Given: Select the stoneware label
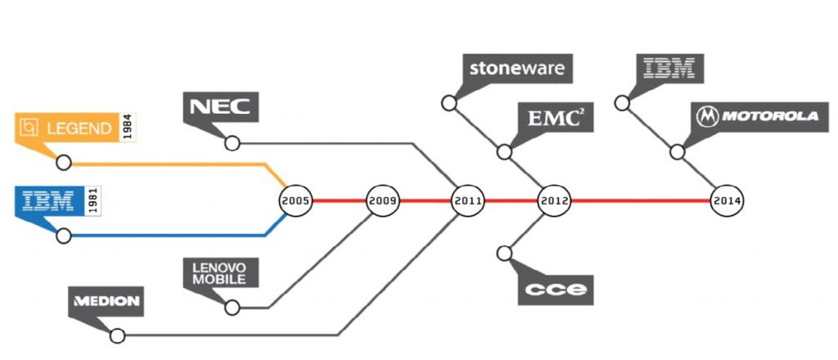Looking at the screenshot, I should tap(517, 68).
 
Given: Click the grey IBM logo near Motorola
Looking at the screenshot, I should tap(669, 68).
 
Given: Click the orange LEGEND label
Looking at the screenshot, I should tap(68, 128).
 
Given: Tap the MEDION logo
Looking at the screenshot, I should tap(107, 301).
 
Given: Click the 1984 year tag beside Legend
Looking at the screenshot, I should tap(128, 128).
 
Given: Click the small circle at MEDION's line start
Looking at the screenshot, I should tap(117, 335).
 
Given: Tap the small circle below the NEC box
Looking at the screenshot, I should tap(232, 144).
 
